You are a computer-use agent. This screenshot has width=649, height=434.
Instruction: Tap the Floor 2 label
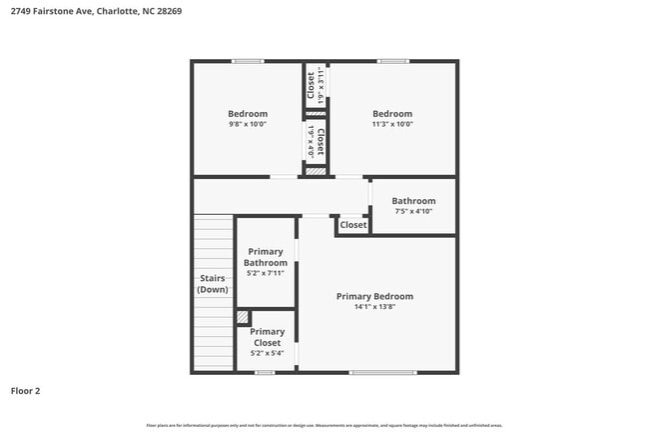click(x=25, y=391)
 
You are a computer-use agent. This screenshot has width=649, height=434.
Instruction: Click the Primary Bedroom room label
click(x=374, y=296)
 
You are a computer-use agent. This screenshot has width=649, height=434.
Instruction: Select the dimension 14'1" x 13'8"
click(x=374, y=308)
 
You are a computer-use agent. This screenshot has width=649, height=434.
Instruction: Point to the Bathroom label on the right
click(x=413, y=201)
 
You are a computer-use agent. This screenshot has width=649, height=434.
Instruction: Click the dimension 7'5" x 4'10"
click(x=413, y=212)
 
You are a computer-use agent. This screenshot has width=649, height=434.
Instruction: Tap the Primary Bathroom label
click(x=266, y=257)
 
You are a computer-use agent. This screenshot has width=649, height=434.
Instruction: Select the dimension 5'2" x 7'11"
click(x=266, y=273)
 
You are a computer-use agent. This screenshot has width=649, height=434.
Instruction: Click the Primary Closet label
click(x=267, y=337)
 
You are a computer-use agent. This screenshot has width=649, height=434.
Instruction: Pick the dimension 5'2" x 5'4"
click(x=267, y=353)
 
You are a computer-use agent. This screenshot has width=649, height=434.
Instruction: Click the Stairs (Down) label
click(x=212, y=283)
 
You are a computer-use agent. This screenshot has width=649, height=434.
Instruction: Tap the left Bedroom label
click(x=248, y=114)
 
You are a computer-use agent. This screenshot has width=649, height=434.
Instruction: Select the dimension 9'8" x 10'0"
click(x=248, y=125)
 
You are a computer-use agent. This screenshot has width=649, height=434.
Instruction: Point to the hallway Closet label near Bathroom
click(x=353, y=225)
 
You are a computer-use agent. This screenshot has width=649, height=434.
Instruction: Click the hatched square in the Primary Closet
click(x=243, y=317)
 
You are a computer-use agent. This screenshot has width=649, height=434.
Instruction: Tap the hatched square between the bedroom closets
click(x=316, y=172)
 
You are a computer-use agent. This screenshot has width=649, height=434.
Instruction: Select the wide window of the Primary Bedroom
click(x=382, y=373)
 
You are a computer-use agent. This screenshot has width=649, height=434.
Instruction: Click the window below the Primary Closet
click(x=265, y=373)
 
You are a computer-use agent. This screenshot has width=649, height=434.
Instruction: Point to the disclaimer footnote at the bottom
click(x=324, y=425)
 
